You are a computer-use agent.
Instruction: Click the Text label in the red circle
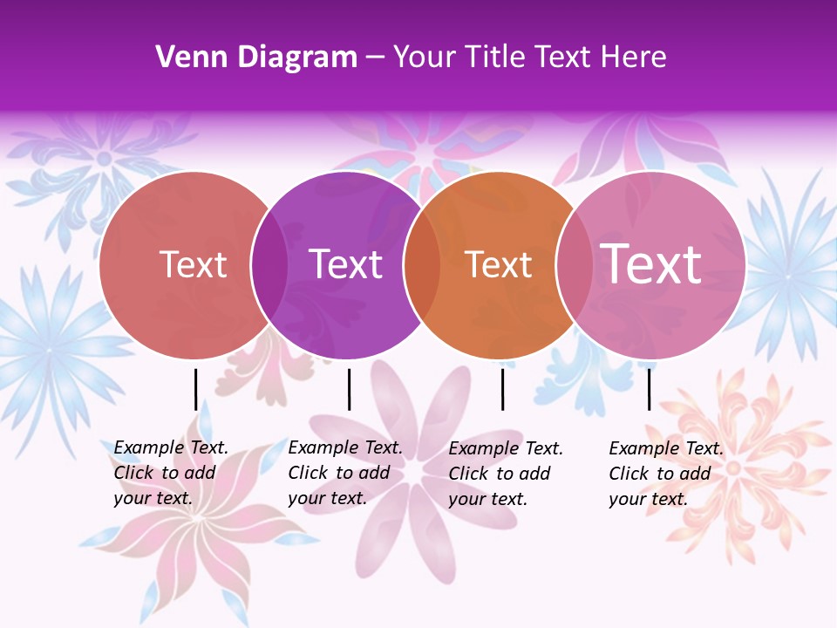click(x=194, y=264)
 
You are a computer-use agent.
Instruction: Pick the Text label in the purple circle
click(x=346, y=264)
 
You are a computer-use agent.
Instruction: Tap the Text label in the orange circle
click(x=499, y=264)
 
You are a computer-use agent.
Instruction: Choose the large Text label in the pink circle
click(x=651, y=263)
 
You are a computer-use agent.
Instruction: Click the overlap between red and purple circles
click(x=269, y=265)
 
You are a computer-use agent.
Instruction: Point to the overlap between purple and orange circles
click(x=422, y=265)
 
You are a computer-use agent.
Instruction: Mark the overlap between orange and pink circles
click(x=574, y=265)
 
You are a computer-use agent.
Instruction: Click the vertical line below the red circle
click(x=195, y=389)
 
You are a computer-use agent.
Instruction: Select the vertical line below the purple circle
click(x=349, y=389)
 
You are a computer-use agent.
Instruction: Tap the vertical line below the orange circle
click(x=502, y=389)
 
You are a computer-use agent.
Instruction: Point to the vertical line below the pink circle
click(x=649, y=389)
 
